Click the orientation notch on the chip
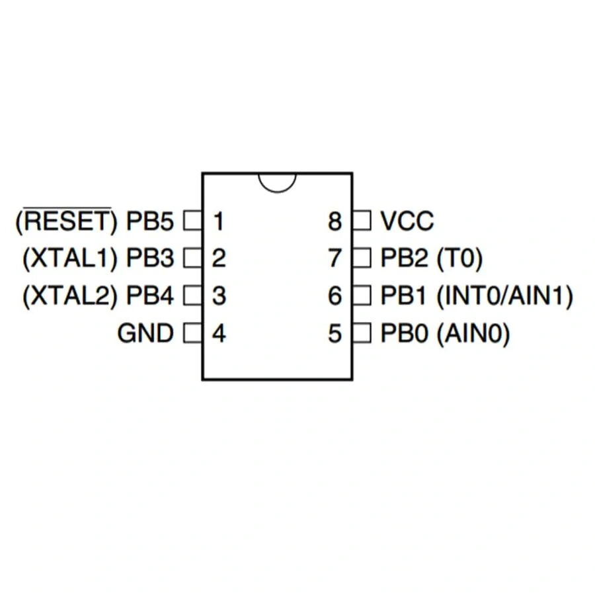pyautogui.click(x=277, y=181)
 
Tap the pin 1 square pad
pyautogui.click(x=192, y=220)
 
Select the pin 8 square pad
pyautogui.click(x=362, y=220)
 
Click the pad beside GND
pyautogui.click(x=192, y=334)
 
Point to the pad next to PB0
pyautogui.click(x=362, y=334)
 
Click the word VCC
pyautogui.click(x=407, y=221)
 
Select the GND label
pyautogui.click(x=145, y=334)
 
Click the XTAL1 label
pyautogui.click(x=69, y=258)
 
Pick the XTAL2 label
pyautogui.click(x=69, y=296)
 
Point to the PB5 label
pyautogui.click(x=150, y=221)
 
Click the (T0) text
pyautogui.click(x=460, y=258)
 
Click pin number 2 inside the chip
pyautogui.click(x=219, y=258)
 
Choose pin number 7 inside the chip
pyautogui.click(x=335, y=258)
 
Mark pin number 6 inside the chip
pyautogui.click(x=335, y=296)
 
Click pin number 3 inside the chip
pyautogui.click(x=219, y=296)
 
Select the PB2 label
pyautogui.click(x=405, y=258)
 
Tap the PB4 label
pyautogui.click(x=150, y=296)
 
